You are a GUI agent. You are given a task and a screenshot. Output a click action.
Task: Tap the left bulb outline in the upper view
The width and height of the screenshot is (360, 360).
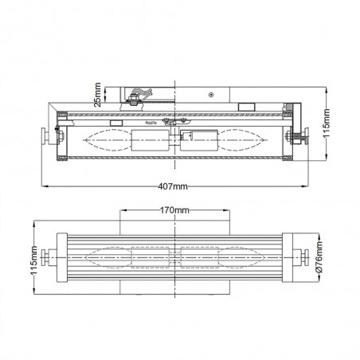[104, 139]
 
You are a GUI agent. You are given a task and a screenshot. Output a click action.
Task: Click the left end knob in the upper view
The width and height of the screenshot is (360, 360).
[50, 138]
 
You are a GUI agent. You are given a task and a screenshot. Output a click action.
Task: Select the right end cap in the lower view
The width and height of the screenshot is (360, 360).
[284, 257]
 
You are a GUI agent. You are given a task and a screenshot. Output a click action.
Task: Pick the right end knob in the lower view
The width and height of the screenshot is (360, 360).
[300, 257]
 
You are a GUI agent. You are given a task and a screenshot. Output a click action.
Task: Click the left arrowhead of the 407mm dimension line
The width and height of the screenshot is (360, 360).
[44, 186]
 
